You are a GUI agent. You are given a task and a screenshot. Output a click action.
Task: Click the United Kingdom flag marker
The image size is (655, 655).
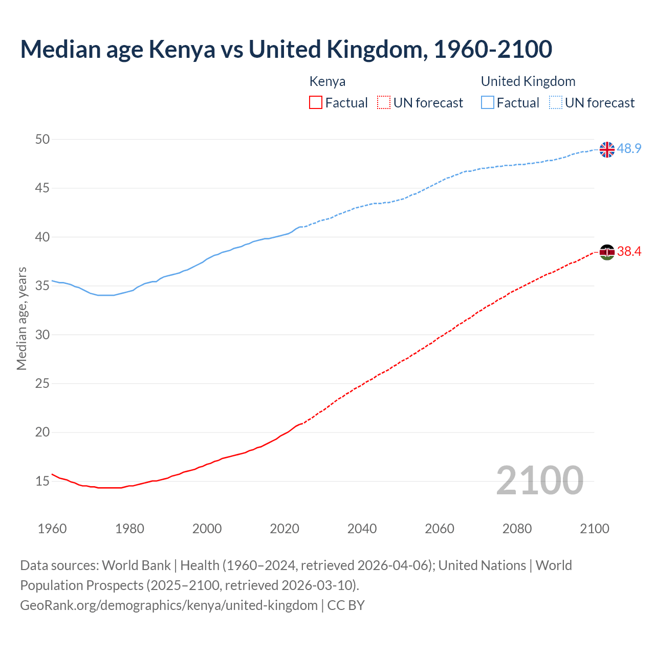click(x=606, y=149)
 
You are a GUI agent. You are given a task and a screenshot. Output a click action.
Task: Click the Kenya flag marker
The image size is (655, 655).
click(x=606, y=252)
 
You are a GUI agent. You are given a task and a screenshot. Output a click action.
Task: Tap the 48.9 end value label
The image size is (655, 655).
click(x=629, y=149)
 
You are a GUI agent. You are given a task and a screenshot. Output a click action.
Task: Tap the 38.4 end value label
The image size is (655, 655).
click(x=629, y=251)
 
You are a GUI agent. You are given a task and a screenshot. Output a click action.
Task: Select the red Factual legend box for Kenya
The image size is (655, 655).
click(x=316, y=103)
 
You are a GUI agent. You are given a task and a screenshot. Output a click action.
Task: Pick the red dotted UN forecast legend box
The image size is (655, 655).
click(x=384, y=103)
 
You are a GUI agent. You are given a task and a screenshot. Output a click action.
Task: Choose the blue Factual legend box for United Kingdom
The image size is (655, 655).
click(x=488, y=103)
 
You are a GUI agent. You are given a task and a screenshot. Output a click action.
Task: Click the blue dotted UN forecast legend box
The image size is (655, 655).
click(x=556, y=103)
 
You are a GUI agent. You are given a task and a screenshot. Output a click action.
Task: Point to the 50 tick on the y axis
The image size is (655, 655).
click(x=42, y=140)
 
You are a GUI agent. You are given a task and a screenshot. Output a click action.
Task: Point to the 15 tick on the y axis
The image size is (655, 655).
click(x=42, y=481)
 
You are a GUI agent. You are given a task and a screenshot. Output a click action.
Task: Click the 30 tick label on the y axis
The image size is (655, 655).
click(x=42, y=335)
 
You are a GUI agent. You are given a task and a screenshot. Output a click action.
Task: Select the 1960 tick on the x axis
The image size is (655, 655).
click(x=52, y=529)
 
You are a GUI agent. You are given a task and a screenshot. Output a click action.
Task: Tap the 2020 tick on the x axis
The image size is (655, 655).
click(x=285, y=529)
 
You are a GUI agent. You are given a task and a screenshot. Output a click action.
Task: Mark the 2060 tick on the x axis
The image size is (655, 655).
click(x=440, y=529)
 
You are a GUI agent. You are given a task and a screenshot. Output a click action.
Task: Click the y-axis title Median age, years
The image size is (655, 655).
click(x=21, y=318)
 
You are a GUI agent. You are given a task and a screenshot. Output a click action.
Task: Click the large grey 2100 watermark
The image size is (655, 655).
click(x=539, y=480)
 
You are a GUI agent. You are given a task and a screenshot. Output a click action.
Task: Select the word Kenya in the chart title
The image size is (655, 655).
click(x=182, y=50)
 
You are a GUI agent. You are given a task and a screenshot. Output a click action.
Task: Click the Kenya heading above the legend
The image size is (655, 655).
click(x=327, y=81)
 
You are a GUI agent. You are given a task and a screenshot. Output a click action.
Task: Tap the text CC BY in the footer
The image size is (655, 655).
click(x=346, y=605)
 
